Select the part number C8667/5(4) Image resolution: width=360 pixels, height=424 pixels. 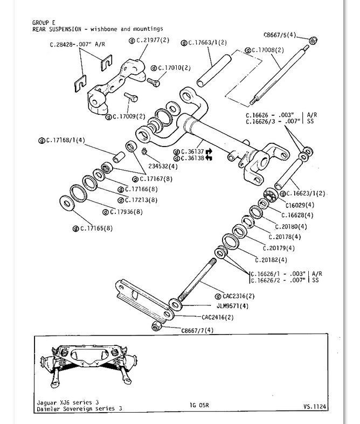click(280, 36)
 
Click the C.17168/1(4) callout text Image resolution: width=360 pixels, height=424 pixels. click(65, 141)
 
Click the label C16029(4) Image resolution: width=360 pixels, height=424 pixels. click(299, 205)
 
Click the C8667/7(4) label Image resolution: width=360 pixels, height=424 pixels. click(197, 330)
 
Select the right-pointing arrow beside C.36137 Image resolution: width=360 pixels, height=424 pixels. click(209, 151)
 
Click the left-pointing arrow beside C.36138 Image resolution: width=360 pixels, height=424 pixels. click(209, 158)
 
